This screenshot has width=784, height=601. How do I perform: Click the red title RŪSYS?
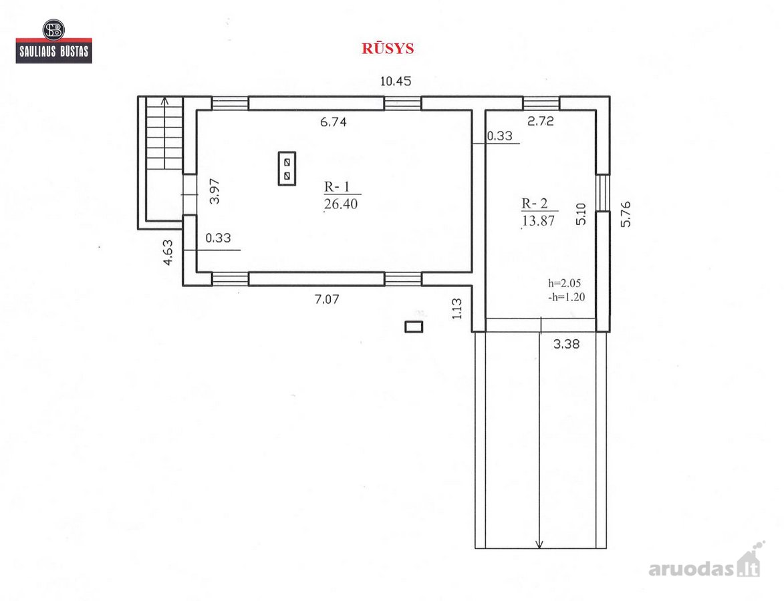click(388, 48)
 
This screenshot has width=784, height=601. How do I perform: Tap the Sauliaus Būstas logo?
click(54, 41)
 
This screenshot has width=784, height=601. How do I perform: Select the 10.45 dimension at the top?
click(396, 81)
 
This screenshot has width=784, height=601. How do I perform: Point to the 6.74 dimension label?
click(333, 122)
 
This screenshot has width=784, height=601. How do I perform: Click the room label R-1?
click(337, 187)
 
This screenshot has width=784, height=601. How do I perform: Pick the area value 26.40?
click(340, 204)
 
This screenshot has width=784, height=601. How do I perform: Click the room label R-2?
click(535, 203)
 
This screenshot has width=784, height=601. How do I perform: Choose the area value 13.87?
click(538, 221)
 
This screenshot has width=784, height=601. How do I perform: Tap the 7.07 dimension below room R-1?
click(327, 299)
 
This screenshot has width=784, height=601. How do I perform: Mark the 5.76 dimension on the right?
click(626, 214)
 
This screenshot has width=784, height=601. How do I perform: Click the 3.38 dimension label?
click(566, 344)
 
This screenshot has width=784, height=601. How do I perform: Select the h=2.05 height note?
click(565, 283)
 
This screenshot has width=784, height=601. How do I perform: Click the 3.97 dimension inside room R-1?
click(214, 192)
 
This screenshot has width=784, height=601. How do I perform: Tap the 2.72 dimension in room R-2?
click(541, 121)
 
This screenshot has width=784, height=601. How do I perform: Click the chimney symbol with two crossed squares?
click(287, 169)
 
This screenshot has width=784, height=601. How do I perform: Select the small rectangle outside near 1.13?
click(414, 327)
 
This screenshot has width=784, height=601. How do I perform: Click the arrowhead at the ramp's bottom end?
click(539, 544)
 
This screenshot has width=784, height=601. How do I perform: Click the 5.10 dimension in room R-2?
click(581, 214)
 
